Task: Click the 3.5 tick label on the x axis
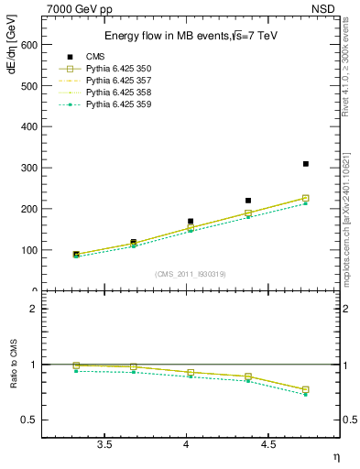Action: [x=104, y=444]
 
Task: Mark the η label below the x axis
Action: [x=335, y=456]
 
